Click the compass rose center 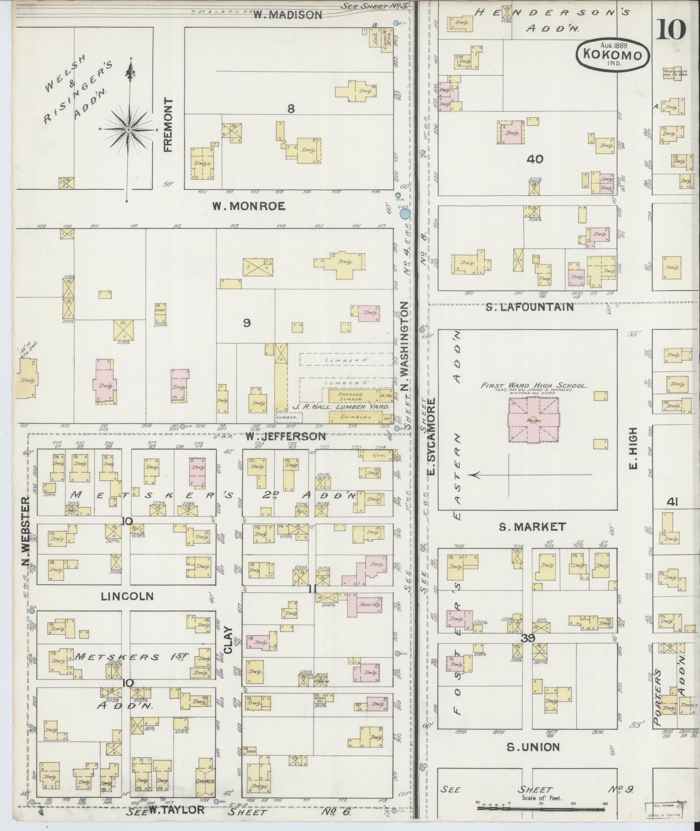pyautogui.click(x=128, y=129)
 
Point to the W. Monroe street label pyautogui.click(x=249, y=206)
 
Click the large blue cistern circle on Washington pyautogui.click(x=404, y=214)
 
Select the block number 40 pyautogui.click(x=534, y=159)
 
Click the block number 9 pyautogui.click(x=246, y=323)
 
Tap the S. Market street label pyautogui.click(x=532, y=527)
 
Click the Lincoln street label pyautogui.click(x=127, y=596)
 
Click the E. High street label pyautogui.click(x=633, y=448)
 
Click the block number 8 pyautogui.click(x=291, y=109)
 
